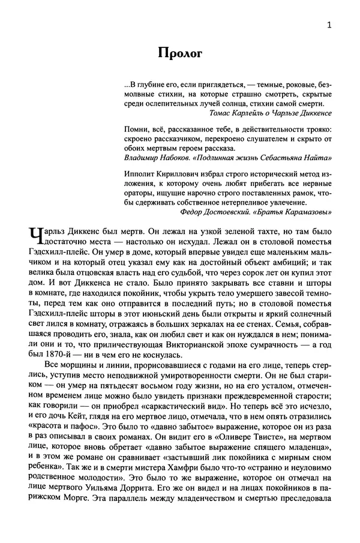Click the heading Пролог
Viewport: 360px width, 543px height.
181,53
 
